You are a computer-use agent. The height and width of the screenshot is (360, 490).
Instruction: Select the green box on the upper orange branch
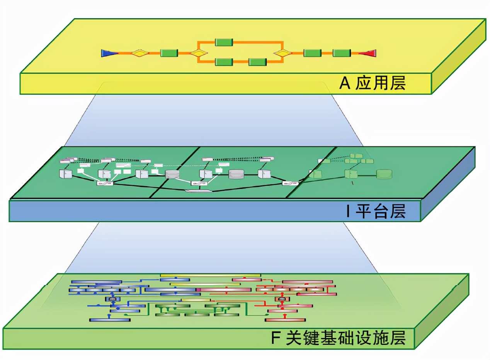223,42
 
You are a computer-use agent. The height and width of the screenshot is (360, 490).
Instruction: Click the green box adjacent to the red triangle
342,53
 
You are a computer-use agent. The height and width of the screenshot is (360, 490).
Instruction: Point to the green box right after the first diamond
169,53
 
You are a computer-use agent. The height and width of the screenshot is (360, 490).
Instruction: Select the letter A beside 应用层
344,83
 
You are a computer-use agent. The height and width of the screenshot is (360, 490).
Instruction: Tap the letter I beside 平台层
348,212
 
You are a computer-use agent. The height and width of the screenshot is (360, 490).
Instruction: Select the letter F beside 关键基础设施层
276,338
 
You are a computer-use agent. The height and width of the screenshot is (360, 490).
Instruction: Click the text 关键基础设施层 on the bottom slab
346,338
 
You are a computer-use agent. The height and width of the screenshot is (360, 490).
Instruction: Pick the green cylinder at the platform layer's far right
384,174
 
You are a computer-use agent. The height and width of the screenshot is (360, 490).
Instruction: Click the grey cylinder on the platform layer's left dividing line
172,174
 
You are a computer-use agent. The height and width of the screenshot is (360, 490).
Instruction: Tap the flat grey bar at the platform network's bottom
198,190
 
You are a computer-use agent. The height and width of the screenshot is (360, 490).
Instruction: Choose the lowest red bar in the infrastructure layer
285,320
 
